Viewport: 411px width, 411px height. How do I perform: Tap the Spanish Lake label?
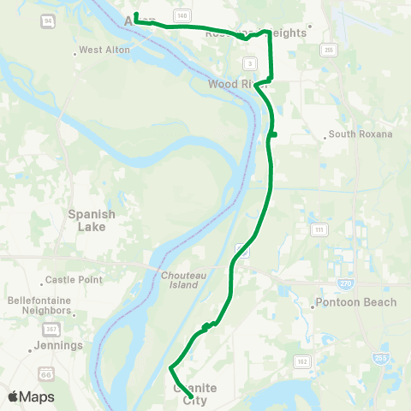[x=92, y=220]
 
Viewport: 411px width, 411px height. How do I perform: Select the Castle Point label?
[x=74, y=280]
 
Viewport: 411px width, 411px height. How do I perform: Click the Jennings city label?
[x=57, y=346]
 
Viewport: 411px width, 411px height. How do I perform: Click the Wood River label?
[x=232, y=85]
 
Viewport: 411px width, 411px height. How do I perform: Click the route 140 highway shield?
[x=181, y=15]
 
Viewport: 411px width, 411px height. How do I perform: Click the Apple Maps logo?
[x=30, y=396]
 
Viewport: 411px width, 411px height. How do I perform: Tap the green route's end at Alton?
[x=135, y=15]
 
